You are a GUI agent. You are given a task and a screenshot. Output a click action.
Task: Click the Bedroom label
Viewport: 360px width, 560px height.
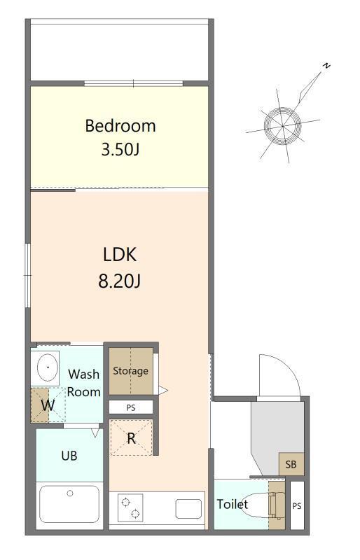(x=120, y=126)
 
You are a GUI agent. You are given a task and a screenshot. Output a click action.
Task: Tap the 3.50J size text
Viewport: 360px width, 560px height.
(x=120, y=150)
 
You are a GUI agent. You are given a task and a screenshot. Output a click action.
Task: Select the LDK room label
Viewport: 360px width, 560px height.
(x=120, y=255)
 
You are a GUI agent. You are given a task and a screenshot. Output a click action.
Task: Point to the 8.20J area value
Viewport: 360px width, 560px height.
(x=120, y=281)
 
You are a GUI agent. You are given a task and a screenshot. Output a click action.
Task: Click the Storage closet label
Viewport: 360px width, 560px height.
(x=130, y=371)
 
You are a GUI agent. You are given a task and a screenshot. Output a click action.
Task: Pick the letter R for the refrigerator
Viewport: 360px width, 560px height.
(x=132, y=438)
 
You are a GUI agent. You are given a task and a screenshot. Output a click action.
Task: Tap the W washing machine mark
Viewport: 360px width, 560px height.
(x=48, y=405)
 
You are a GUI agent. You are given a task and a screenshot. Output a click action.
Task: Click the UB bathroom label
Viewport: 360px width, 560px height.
(x=69, y=456)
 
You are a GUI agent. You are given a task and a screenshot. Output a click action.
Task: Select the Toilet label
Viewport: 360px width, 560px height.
(x=233, y=504)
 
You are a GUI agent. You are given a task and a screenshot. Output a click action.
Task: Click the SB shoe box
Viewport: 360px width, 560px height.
(x=291, y=464)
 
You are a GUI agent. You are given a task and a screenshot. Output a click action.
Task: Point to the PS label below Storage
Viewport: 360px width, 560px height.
(x=131, y=407)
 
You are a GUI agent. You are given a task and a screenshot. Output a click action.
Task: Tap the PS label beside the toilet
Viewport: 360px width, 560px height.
(x=297, y=505)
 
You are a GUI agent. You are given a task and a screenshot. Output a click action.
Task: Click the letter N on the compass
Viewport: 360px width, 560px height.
(x=326, y=66)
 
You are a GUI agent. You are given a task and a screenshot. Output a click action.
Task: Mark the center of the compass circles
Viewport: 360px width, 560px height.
(x=282, y=126)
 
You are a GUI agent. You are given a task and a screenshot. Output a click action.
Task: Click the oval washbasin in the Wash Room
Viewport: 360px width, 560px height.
(x=48, y=367)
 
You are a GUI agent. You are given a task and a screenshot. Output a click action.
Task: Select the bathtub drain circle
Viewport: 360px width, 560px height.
(x=70, y=493)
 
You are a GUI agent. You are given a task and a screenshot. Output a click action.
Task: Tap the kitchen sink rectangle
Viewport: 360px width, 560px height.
(x=188, y=509)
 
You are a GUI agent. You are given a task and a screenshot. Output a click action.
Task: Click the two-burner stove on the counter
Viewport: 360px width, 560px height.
(x=130, y=508)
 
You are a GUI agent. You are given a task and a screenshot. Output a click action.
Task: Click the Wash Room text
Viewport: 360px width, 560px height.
(x=83, y=383)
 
